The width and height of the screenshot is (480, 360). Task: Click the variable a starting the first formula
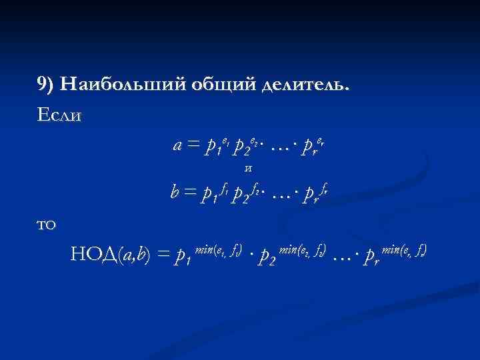[178, 145]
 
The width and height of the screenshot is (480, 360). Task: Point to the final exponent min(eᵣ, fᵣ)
[400, 249]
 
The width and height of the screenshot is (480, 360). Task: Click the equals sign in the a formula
[193, 145]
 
